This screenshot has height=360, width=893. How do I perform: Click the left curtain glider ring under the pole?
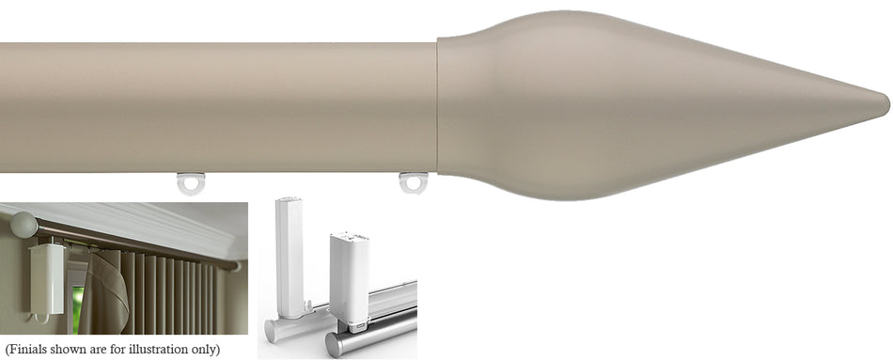point(191,182)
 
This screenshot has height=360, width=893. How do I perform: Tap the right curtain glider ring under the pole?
point(413,181)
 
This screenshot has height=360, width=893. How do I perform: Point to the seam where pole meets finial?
point(438,105)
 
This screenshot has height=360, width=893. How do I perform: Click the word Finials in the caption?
point(30,350)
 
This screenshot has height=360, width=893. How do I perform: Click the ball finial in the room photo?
point(23,225)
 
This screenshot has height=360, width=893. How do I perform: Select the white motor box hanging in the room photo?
point(46,278)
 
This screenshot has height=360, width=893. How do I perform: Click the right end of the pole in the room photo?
point(235,266)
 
